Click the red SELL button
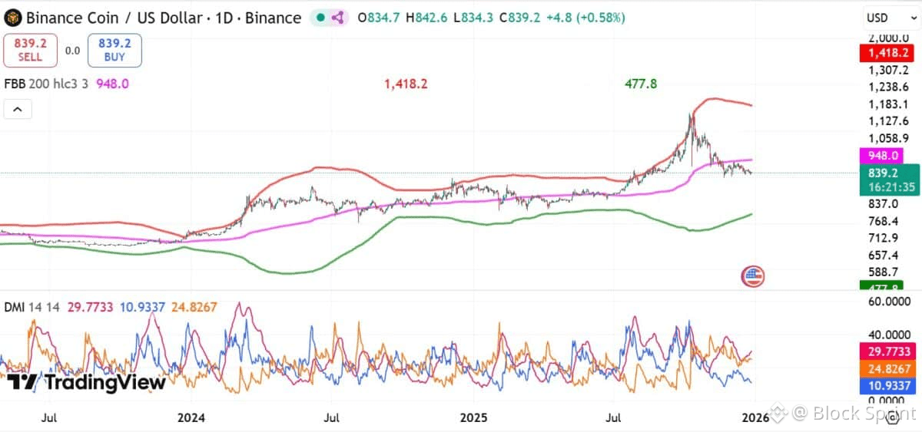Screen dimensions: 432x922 coord(31,51)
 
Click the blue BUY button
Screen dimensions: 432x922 coord(114,51)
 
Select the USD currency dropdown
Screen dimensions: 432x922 coord(887,18)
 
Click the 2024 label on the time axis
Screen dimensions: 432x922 coord(191,417)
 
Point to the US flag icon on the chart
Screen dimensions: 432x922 coord(752,276)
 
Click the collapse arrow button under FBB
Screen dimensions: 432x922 coord(18,110)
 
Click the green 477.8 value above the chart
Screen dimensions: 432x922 coord(640,84)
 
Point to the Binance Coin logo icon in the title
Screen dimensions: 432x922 coord(12,17)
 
